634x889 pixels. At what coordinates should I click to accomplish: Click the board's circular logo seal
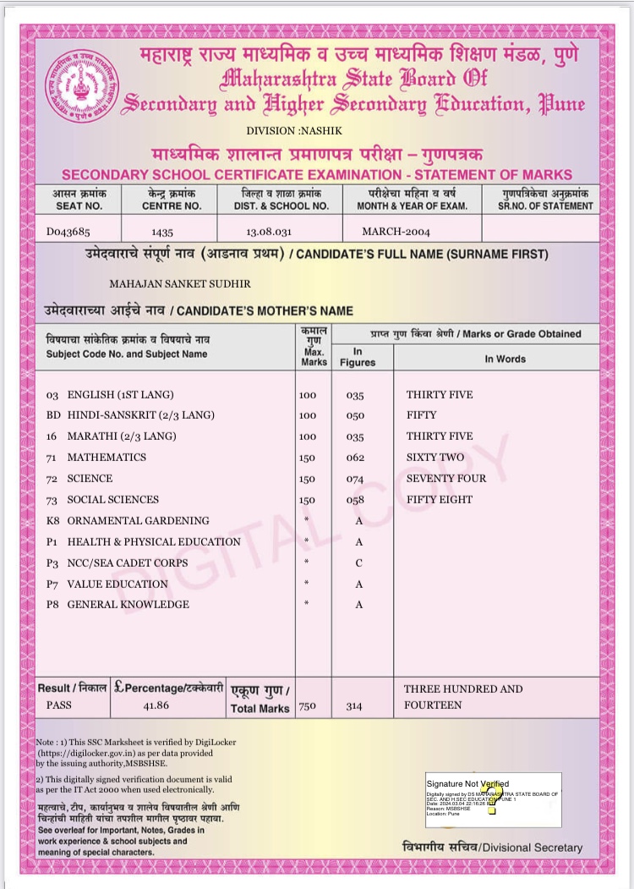(x=81, y=87)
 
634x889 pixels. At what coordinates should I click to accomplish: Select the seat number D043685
(x=68, y=231)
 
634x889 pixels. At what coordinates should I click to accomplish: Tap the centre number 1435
(x=161, y=231)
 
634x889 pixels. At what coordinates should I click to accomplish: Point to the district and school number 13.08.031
(x=269, y=231)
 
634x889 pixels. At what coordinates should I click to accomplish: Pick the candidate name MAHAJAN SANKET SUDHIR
(x=180, y=284)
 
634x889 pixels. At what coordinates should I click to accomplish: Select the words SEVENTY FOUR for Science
(x=446, y=478)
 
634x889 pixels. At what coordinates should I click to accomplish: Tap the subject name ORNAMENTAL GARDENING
(x=138, y=520)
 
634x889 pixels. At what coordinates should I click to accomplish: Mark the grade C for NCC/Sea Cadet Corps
(x=359, y=562)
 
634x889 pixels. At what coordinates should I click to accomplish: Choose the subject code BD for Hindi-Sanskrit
(x=52, y=415)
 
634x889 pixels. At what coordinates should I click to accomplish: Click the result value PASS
(x=59, y=705)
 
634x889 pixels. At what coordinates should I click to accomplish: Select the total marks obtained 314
(x=355, y=705)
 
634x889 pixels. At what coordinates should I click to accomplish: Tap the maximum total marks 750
(x=307, y=705)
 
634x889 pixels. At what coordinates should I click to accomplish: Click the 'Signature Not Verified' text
(x=467, y=784)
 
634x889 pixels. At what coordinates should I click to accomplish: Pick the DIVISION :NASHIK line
(x=282, y=130)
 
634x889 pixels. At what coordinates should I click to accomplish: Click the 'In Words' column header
(x=505, y=359)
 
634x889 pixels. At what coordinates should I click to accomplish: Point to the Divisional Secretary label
(x=492, y=848)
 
